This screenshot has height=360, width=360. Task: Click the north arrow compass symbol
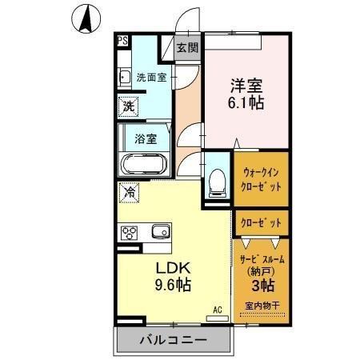86,20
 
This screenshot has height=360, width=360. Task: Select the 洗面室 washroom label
151,78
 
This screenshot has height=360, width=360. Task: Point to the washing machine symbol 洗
127,106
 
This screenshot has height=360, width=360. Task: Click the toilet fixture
215,181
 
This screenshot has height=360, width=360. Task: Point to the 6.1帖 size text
246,103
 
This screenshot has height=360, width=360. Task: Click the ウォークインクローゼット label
262,178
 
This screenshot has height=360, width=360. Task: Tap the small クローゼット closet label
262,220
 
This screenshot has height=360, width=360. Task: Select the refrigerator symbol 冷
128,192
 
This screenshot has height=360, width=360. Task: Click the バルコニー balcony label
174,340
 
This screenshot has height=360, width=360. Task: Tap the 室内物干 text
262,305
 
